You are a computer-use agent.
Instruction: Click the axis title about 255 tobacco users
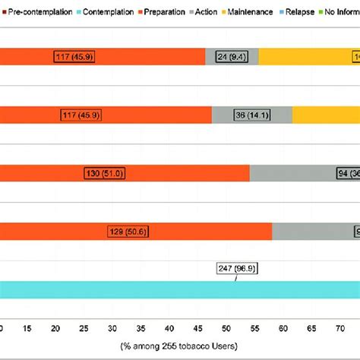click(x=179, y=346)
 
